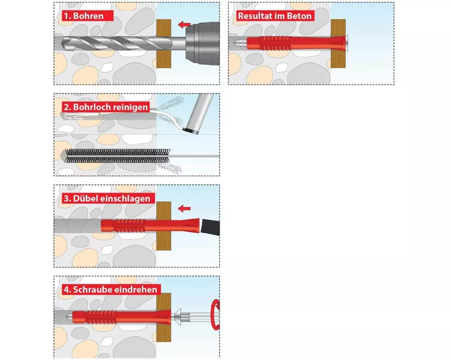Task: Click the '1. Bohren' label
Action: (x=84, y=16)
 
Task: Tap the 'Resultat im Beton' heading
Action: (x=274, y=16)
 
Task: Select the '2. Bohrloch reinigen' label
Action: (x=106, y=107)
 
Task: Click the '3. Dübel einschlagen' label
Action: (x=107, y=198)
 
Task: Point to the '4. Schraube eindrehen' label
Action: (x=111, y=289)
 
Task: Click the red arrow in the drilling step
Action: (x=184, y=24)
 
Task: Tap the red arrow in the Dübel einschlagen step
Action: (x=184, y=208)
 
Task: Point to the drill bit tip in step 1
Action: (x=63, y=44)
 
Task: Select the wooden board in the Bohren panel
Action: (x=164, y=44)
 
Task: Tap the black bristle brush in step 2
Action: (x=117, y=156)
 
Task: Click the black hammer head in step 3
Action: (x=211, y=227)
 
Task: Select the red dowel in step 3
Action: (x=150, y=225)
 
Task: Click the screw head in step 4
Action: (x=177, y=317)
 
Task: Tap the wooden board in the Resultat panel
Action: (x=338, y=44)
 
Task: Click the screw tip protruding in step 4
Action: (x=69, y=317)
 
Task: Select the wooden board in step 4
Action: (x=164, y=317)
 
